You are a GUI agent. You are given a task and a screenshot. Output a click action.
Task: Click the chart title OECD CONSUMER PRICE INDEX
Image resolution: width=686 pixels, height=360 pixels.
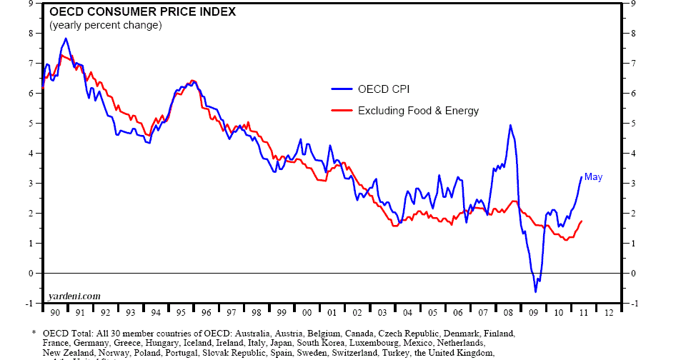[142, 12]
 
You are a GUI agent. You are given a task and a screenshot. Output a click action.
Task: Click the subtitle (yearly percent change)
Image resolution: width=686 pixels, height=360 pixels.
[106, 25]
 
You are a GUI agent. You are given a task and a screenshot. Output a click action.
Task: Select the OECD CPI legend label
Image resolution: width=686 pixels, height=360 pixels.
[384, 89]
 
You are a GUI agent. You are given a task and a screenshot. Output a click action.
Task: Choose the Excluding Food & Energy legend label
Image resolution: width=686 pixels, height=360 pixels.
[418, 111]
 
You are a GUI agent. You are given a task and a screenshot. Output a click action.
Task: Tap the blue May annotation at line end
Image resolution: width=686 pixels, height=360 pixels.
[593, 177]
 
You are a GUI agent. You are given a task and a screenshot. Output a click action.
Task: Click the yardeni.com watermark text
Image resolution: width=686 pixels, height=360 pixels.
[74, 296]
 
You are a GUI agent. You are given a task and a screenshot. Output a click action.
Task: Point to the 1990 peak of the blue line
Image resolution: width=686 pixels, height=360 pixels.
[66, 39]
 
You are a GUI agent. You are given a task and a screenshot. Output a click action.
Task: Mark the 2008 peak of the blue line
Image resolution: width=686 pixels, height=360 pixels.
[509, 125]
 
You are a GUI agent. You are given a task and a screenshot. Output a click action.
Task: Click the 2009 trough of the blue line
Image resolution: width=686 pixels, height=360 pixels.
[535, 291]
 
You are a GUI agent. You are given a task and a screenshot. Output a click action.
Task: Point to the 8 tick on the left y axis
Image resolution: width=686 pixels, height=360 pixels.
[30, 33]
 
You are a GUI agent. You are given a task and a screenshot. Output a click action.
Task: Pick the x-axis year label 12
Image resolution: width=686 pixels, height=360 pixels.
[608, 313]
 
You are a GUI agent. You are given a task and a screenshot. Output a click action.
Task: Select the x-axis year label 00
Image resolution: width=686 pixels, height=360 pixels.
[307, 313]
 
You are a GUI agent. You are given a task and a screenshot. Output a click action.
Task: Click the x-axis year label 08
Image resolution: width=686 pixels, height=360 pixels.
[507, 313]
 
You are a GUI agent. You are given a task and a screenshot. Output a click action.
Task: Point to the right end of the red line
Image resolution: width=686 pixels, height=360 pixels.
[582, 221]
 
